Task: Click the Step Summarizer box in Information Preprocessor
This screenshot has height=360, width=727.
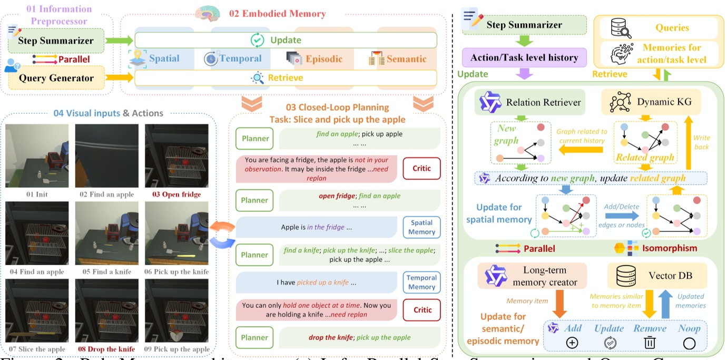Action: click(55, 41)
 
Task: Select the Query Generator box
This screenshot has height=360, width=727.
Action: click(55, 78)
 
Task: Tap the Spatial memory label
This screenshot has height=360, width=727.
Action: click(164, 59)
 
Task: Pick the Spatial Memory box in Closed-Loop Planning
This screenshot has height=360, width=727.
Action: click(421, 227)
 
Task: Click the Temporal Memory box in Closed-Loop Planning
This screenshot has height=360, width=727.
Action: click(421, 282)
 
